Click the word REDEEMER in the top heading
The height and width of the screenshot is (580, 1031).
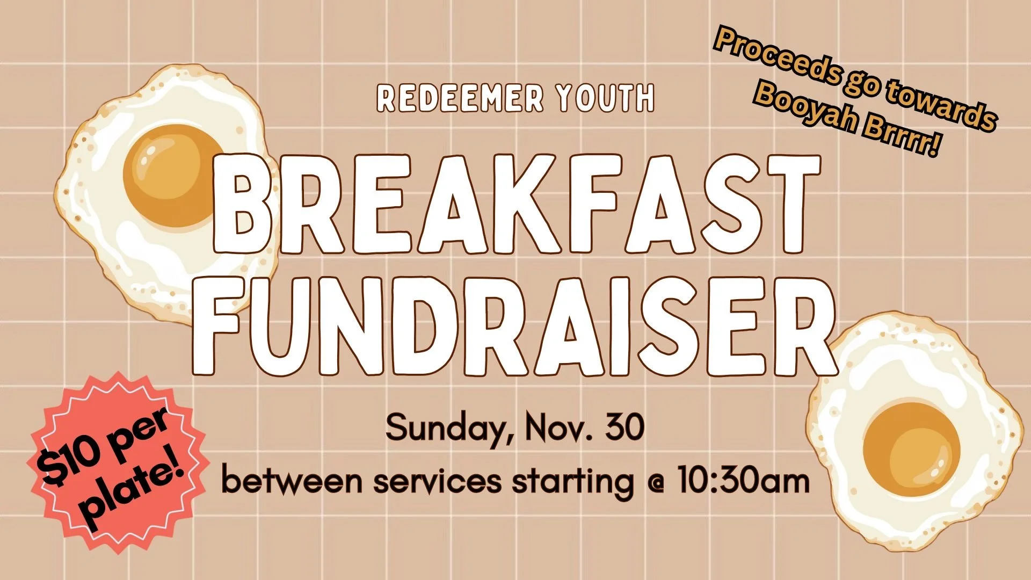tap(460, 98)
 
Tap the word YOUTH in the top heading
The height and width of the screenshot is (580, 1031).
tap(605, 98)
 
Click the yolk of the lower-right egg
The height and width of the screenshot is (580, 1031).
tap(911, 449)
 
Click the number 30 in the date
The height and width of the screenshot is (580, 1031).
tap(624, 427)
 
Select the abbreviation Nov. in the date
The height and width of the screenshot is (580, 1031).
tap(558, 428)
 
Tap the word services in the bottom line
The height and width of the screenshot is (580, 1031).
tap(437, 480)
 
